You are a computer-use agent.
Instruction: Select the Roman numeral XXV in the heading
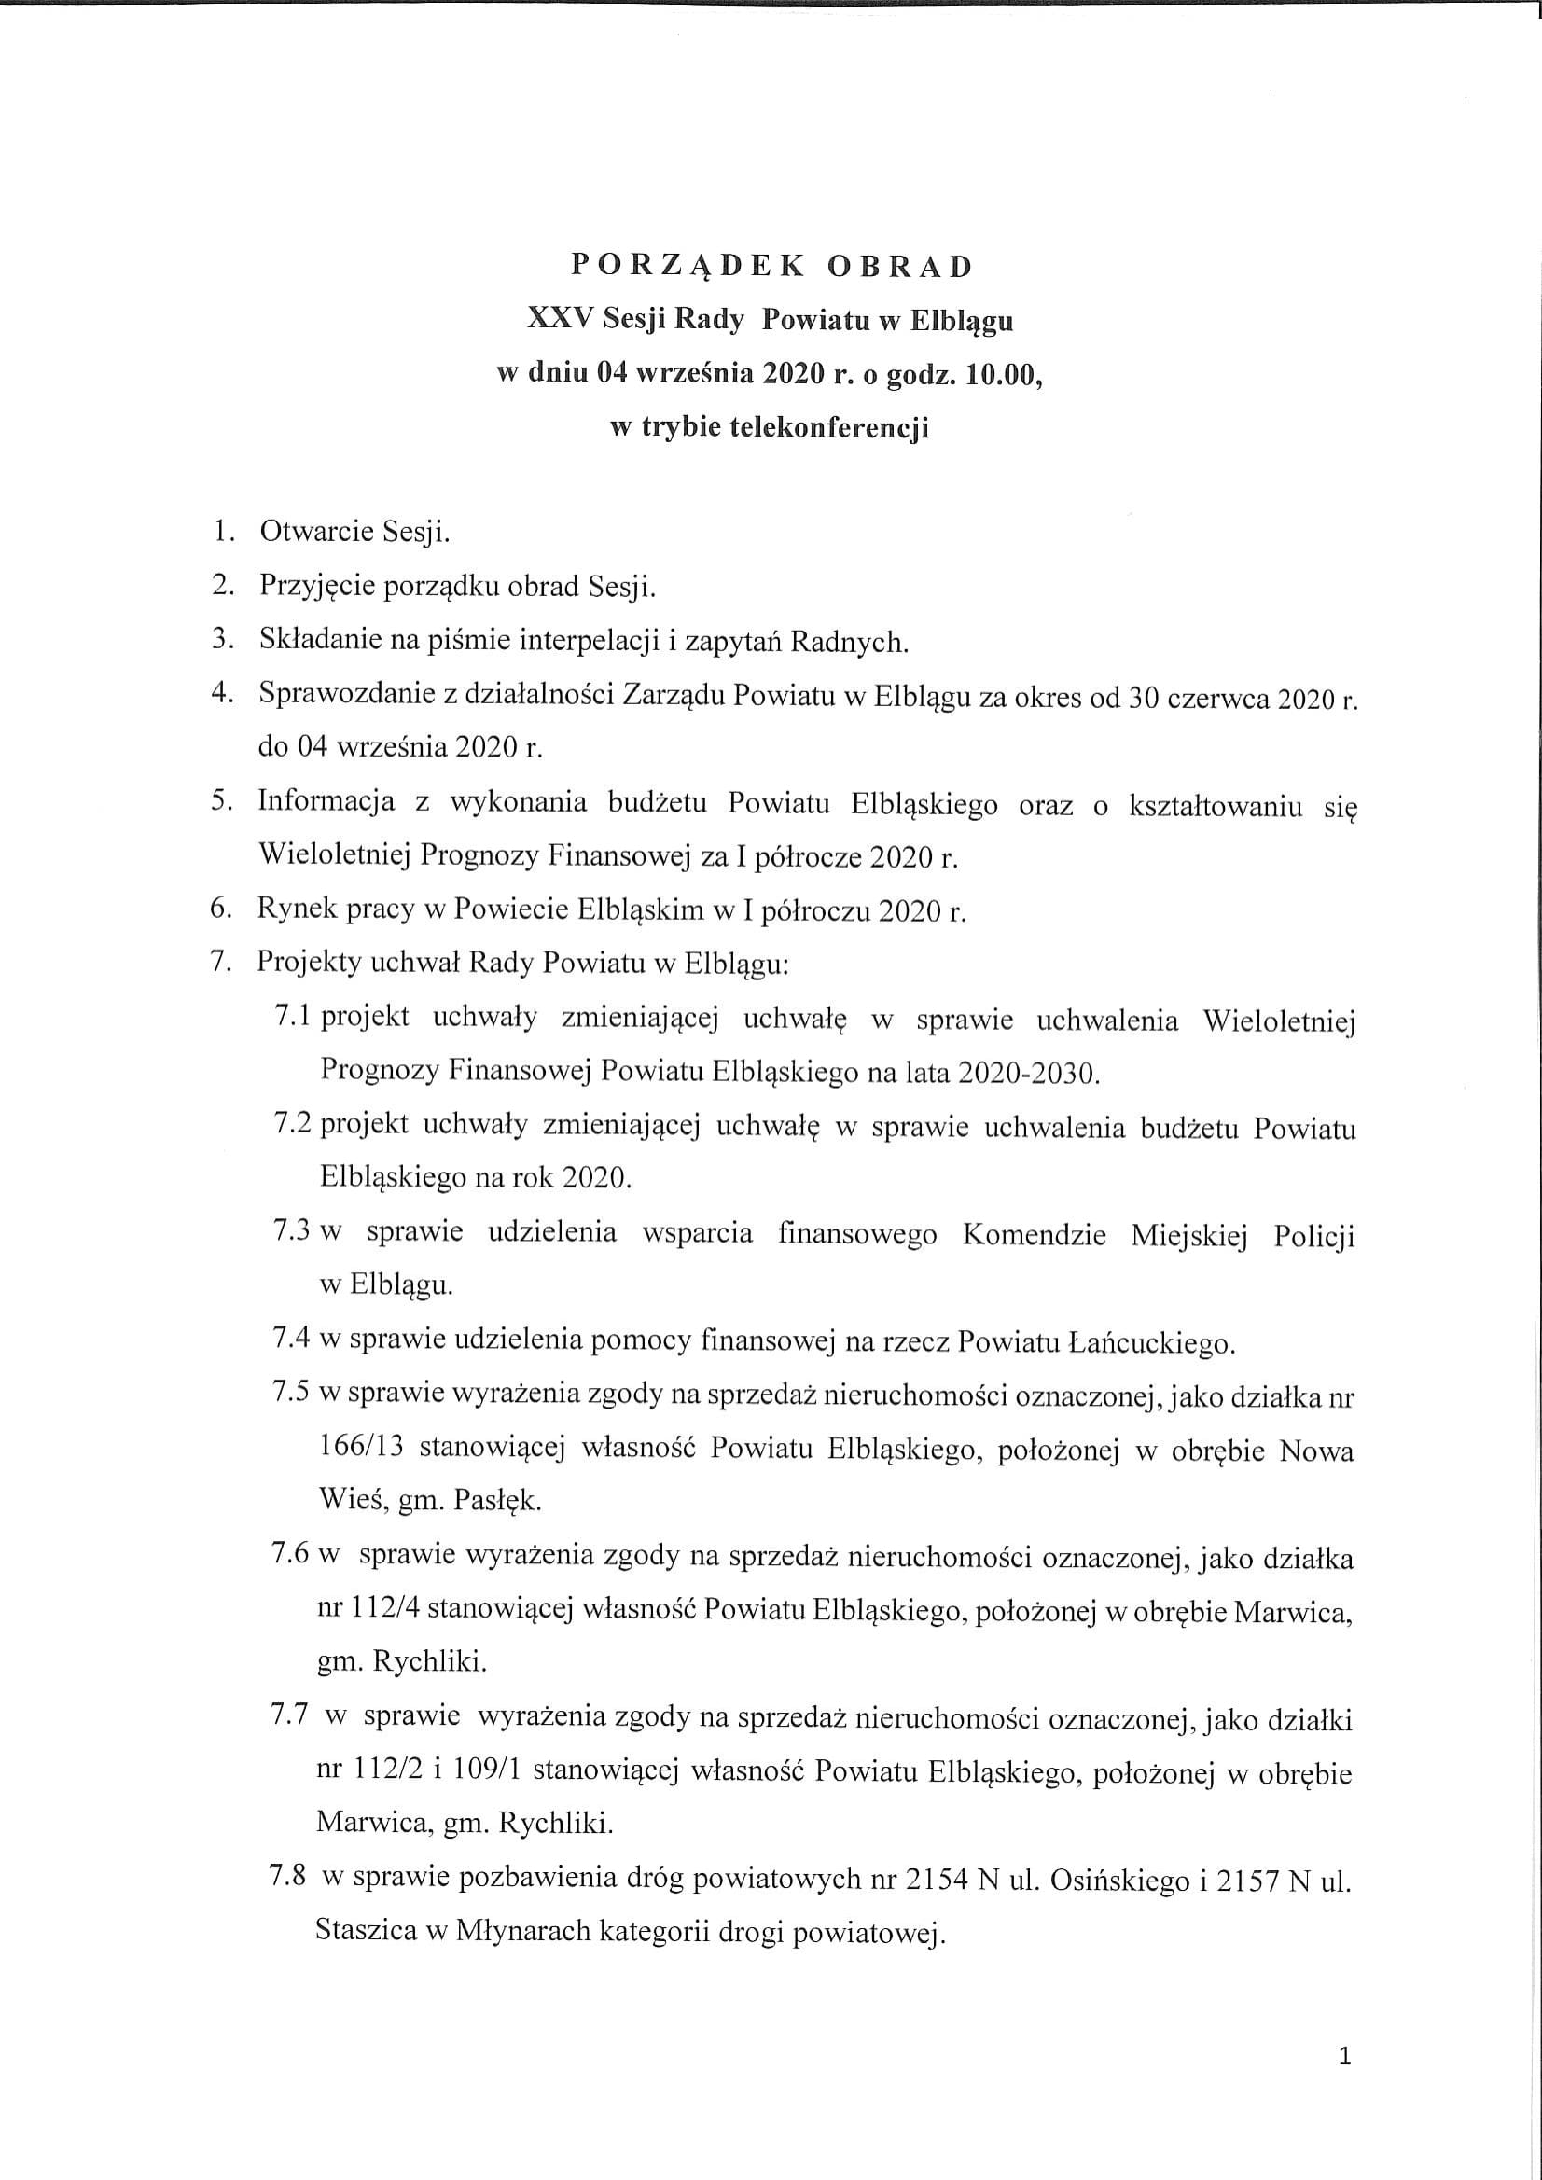point(561,320)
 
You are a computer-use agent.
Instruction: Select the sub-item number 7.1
point(294,1018)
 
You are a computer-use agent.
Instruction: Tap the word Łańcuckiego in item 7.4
point(1150,1343)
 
